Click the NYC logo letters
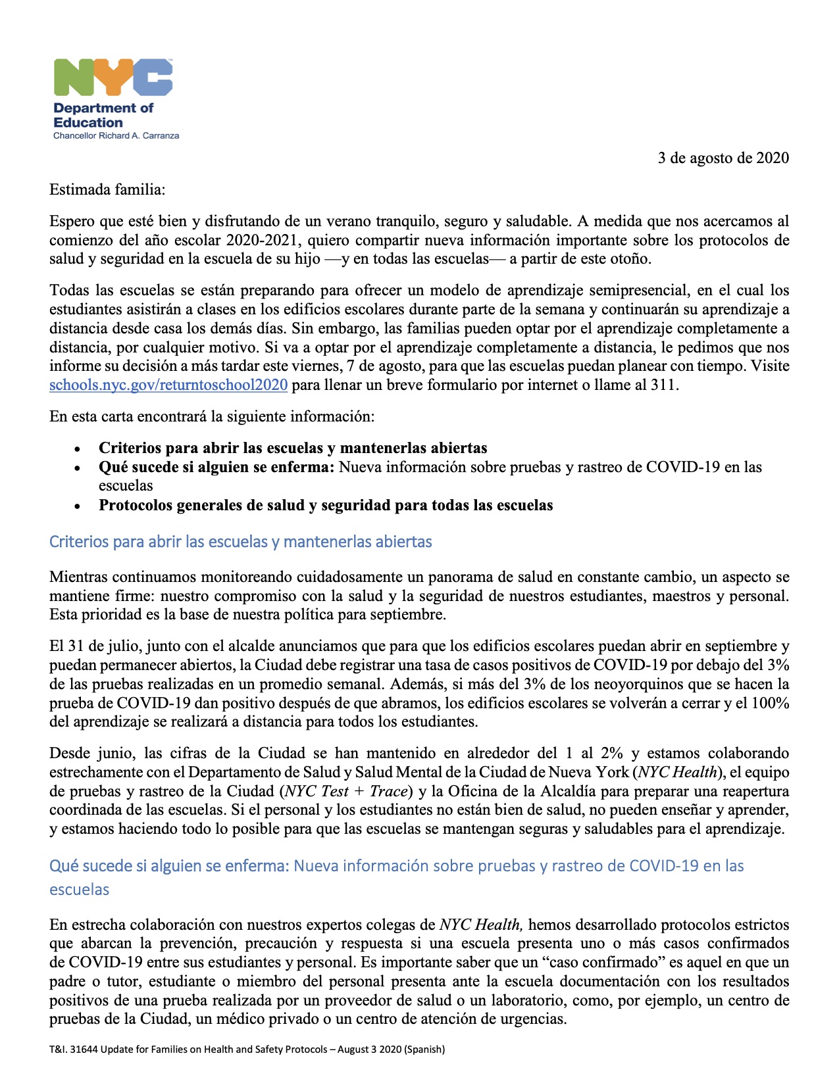pos(113,78)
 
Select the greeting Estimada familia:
pos(107,190)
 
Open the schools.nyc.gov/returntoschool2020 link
pos(168,385)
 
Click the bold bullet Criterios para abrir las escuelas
pos(293,448)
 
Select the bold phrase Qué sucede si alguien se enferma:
pos(216,468)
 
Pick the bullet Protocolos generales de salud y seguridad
pos(326,506)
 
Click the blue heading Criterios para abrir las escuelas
pos(241,542)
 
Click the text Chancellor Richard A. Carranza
pos(116,135)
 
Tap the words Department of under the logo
pos(103,108)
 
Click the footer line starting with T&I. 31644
pos(247,1049)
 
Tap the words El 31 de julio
pos(91,646)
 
